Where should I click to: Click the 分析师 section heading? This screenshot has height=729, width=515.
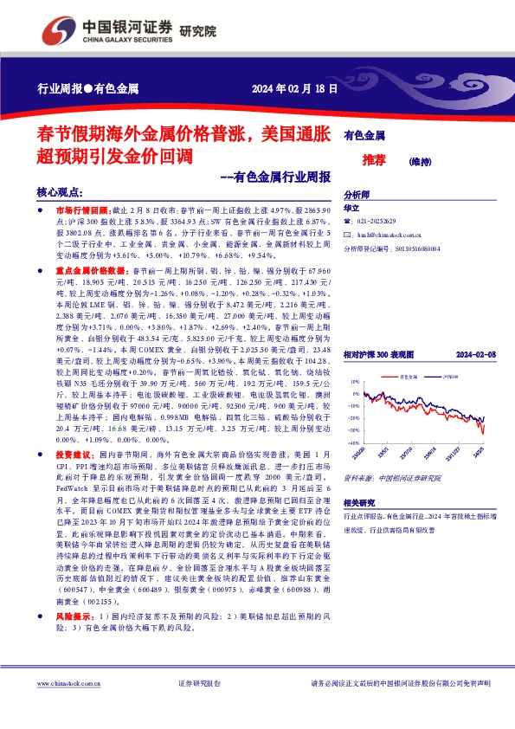[x=357, y=196]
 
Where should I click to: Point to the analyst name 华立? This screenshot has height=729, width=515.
[x=351, y=209]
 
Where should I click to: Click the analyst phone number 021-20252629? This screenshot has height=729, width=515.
[x=380, y=222]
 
